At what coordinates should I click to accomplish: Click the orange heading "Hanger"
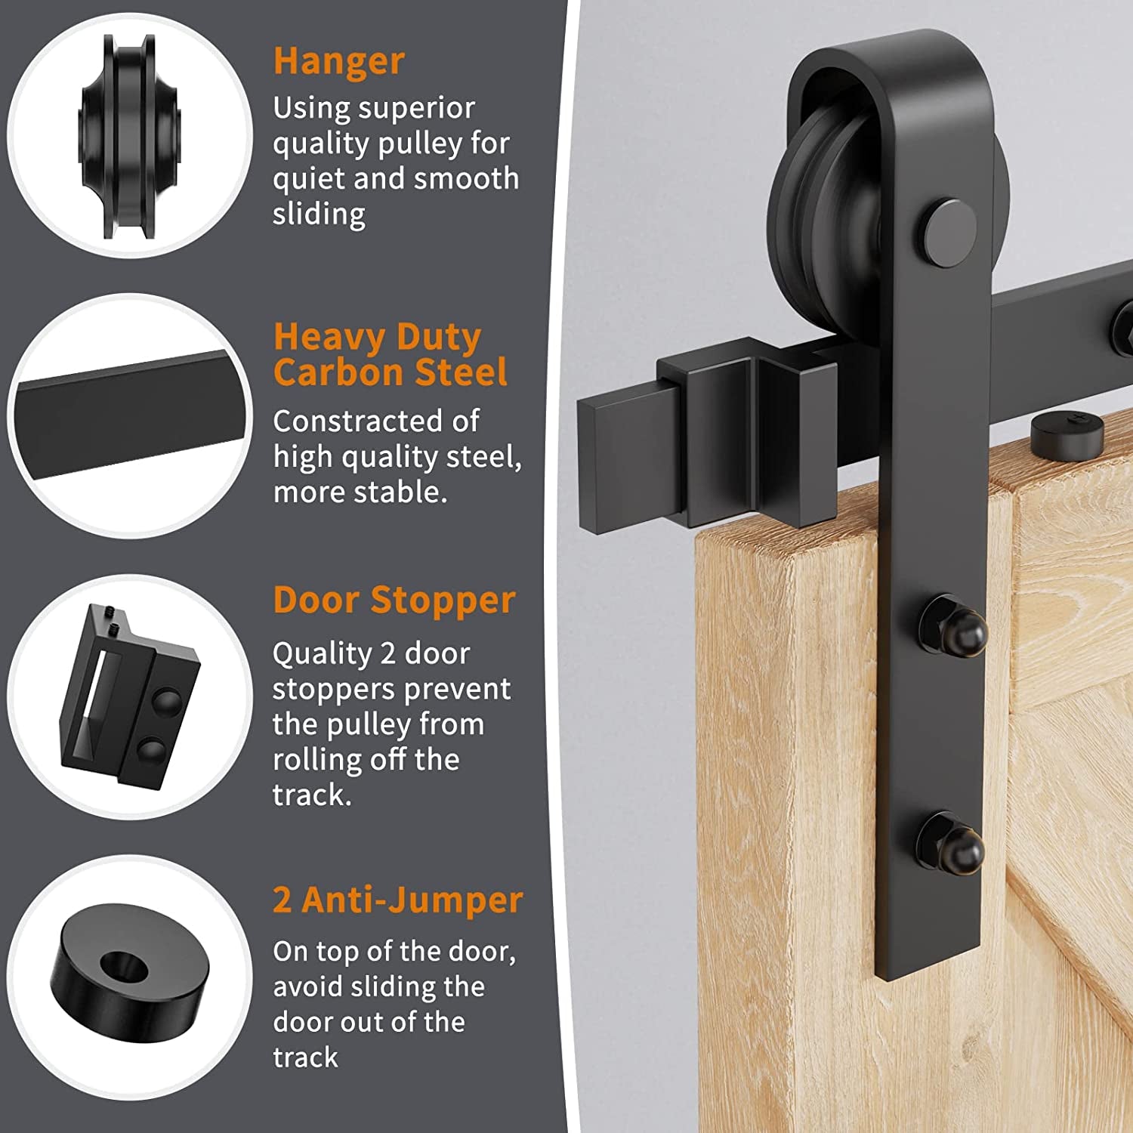click(x=338, y=61)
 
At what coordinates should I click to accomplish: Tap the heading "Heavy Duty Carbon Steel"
click(x=389, y=354)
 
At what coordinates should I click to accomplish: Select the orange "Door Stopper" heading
click(x=394, y=600)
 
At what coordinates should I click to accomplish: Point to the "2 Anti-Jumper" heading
click(x=397, y=900)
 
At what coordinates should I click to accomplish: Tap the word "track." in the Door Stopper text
click(x=312, y=795)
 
